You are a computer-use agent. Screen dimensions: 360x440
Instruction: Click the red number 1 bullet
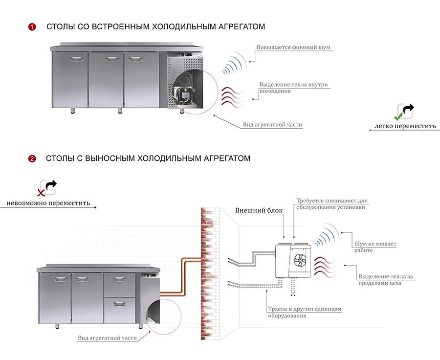32,27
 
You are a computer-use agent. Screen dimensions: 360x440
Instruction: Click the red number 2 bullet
32,158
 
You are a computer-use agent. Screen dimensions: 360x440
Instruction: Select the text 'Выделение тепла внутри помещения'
294,88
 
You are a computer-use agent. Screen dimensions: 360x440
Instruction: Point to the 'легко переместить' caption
405,126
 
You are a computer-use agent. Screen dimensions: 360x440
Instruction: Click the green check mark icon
400,116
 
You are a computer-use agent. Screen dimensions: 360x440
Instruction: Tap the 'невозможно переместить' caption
48,203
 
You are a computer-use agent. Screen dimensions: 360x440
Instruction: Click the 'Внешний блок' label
259,211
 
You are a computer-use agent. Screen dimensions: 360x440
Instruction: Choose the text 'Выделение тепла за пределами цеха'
385,280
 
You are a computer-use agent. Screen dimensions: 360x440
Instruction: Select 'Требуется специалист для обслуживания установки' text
331,204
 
